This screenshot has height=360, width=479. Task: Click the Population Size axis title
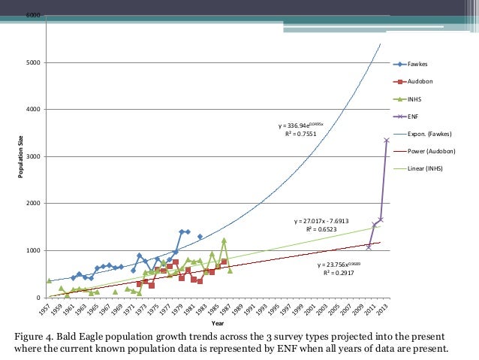(x=22, y=157)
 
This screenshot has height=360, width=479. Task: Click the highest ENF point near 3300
(x=387, y=140)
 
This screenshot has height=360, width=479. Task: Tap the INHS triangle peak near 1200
(x=224, y=241)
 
